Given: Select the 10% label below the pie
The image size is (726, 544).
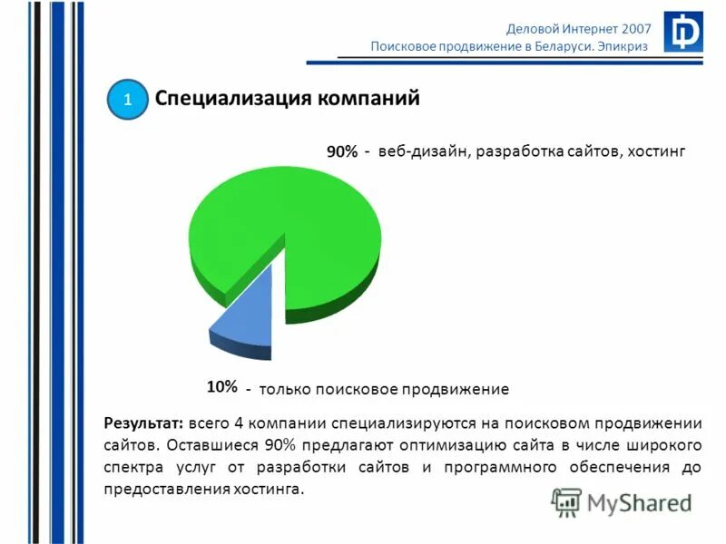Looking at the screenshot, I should coord(221,387).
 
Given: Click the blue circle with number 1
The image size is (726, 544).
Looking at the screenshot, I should coord(127,100).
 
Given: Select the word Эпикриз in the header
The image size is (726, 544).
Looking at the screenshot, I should coord(623,47).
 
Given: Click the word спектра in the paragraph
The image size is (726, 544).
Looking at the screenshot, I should coord(133,468).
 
